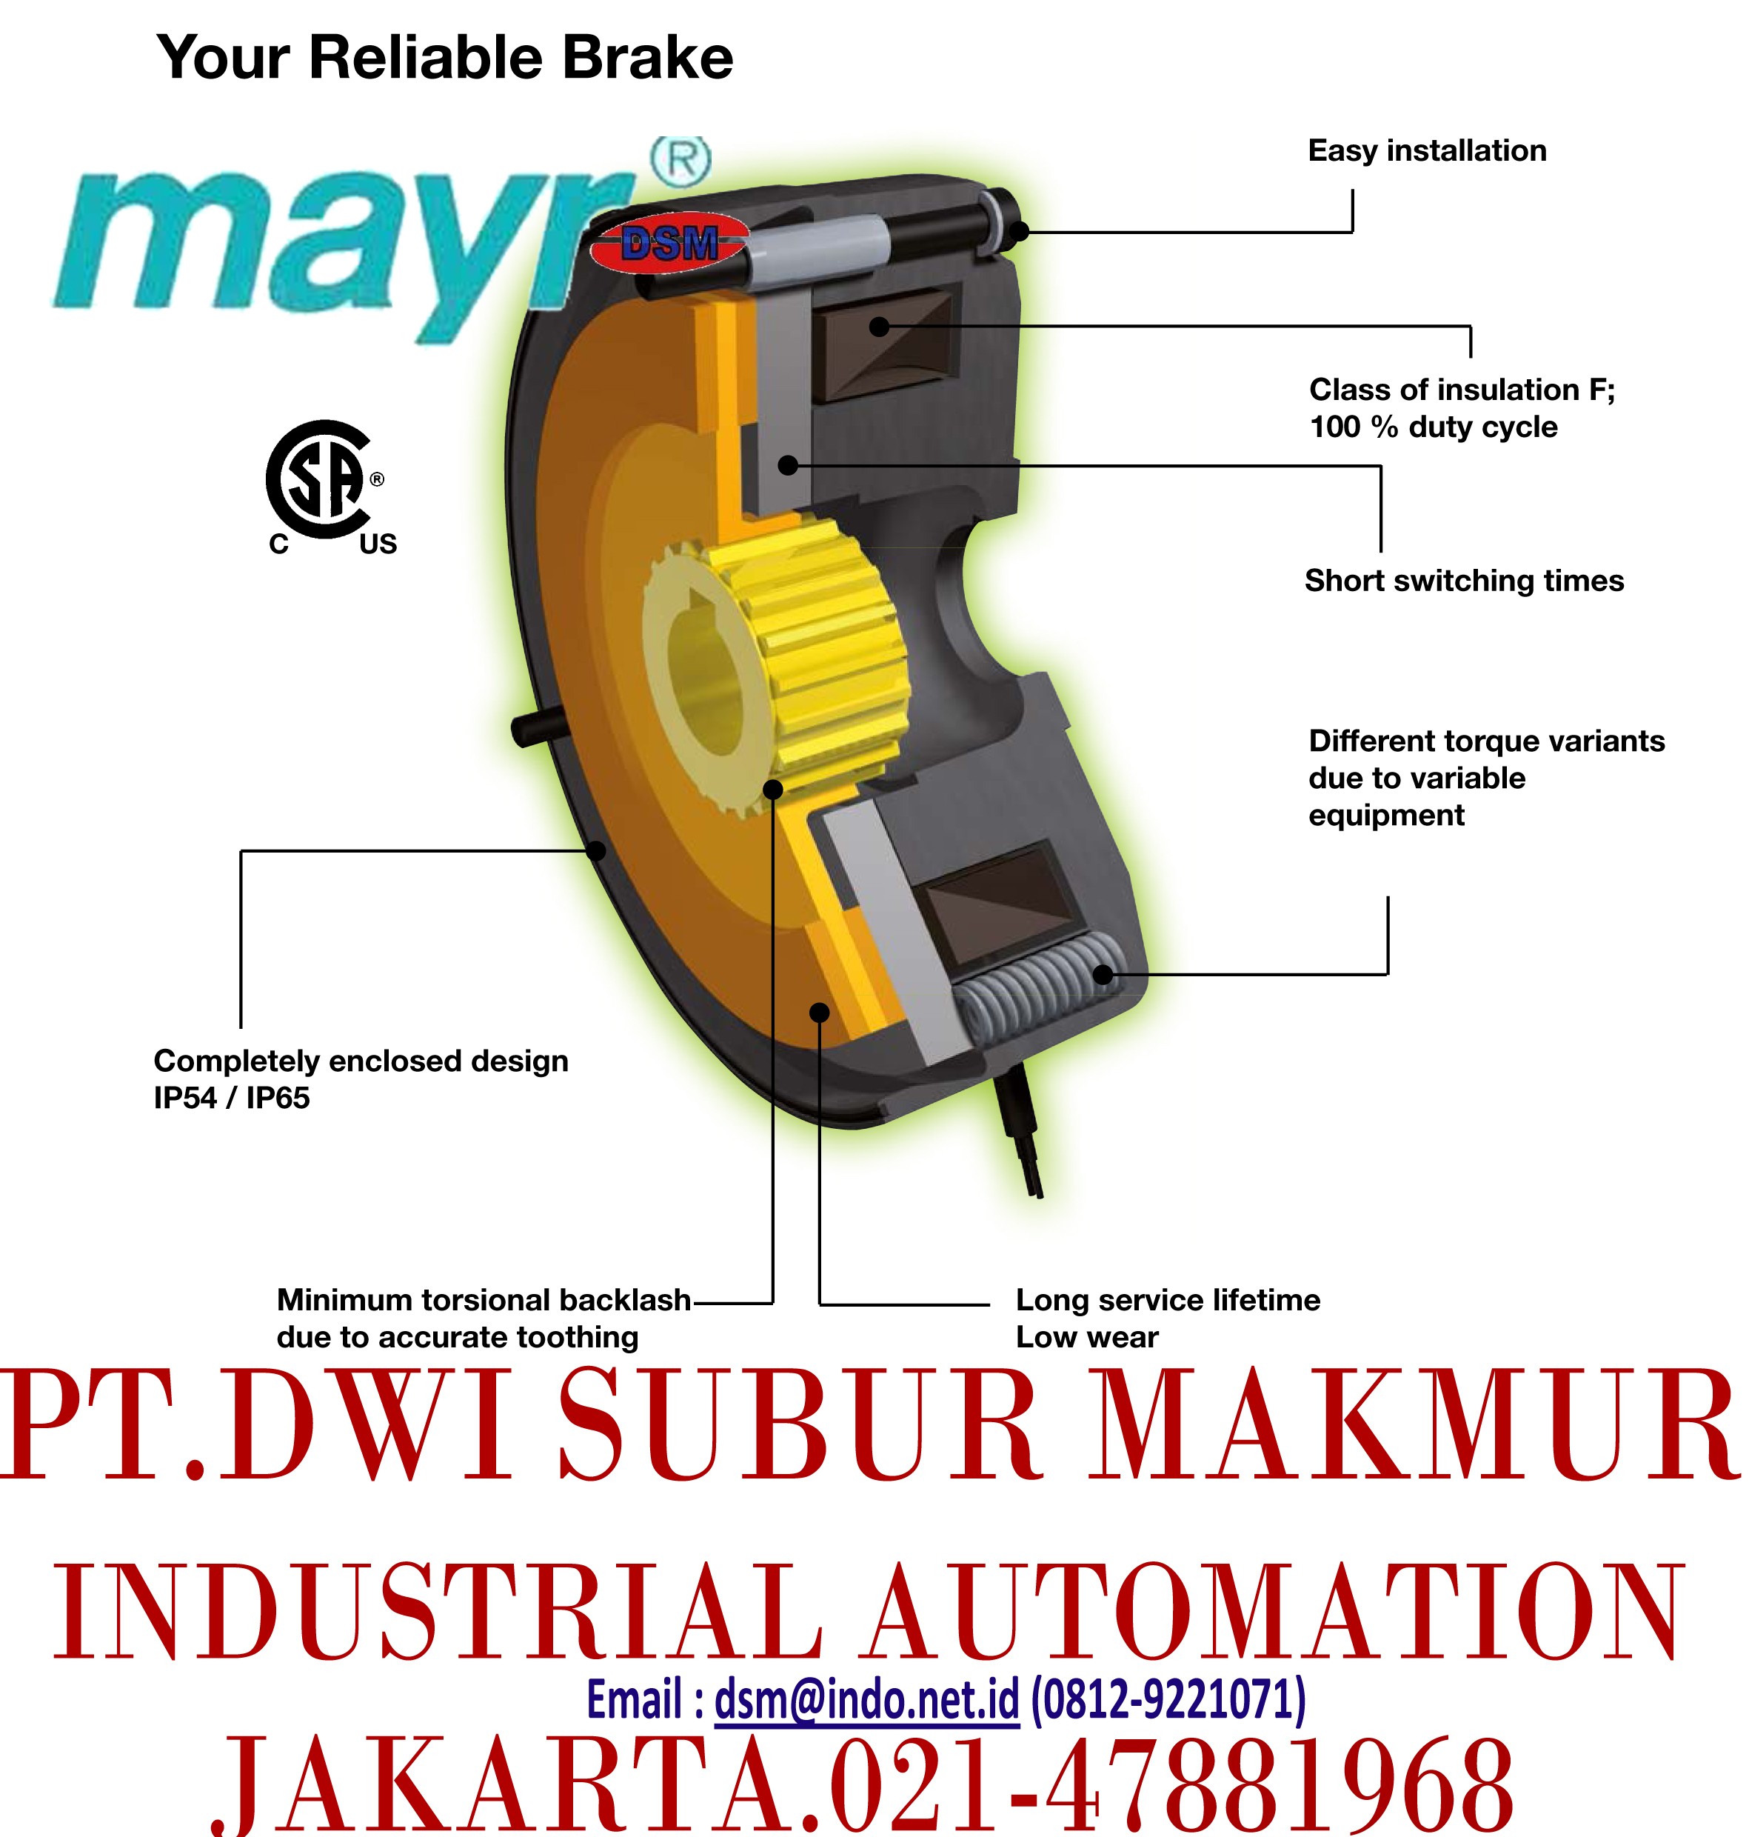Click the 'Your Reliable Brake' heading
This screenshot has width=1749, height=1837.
pos(445,58)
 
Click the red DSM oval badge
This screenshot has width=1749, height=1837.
pos(670,244)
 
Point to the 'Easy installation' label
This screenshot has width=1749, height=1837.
pos(1426,151)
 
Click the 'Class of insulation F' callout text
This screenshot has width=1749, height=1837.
pos(1462,407)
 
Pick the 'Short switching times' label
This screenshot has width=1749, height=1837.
pos(1464,580)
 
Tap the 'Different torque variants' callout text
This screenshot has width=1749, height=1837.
pos(1486,778)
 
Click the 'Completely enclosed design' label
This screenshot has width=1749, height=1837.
pos(361,1079)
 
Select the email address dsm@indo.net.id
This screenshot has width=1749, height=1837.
pos(866,1699)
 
